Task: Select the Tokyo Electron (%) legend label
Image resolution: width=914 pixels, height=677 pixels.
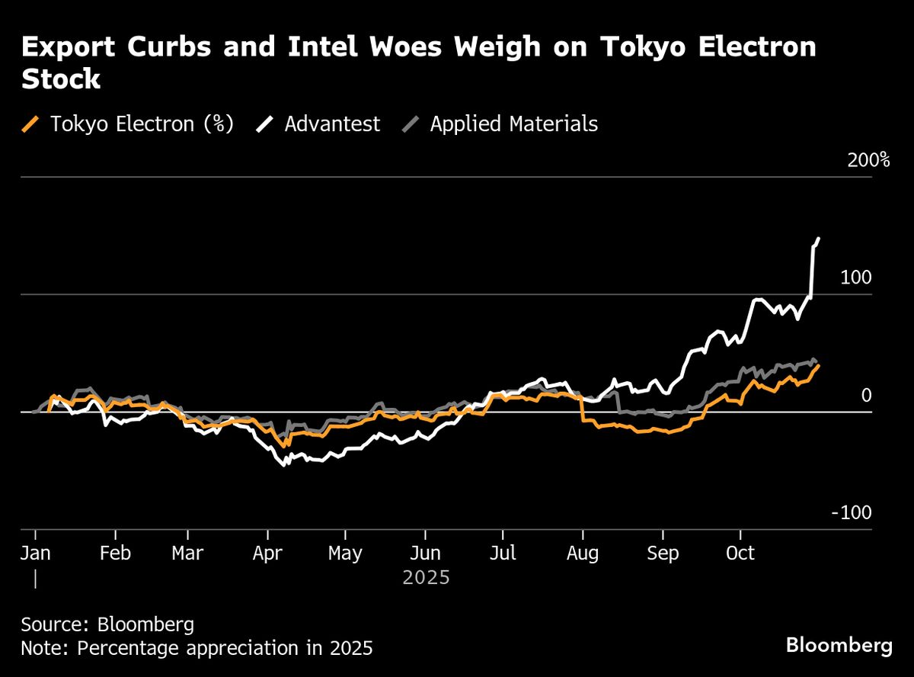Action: coord(142,124)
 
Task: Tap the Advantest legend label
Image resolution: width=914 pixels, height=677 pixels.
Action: coord(331,124)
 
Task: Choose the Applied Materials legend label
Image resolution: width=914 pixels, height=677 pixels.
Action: coord(513,124)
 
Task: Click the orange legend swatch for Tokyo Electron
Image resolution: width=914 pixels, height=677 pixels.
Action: coord(31,124)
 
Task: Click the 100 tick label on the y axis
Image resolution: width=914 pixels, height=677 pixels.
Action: coord(855,278)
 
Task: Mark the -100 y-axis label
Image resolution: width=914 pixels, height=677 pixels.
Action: coord(851,512)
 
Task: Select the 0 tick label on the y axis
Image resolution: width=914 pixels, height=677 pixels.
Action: coord(865,395)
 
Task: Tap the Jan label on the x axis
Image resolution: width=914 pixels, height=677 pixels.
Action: coord(35,553)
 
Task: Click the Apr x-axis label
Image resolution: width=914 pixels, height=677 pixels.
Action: coord(267,553)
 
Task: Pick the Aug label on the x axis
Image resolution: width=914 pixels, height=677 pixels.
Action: coord(583,553)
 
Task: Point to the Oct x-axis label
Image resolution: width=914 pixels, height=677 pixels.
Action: coord(741,553)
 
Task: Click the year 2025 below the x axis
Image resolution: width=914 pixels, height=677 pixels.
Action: coord(427,578)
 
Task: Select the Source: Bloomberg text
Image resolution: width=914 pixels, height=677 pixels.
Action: coord(107,625)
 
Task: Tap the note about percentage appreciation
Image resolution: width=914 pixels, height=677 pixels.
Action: coord(197,649)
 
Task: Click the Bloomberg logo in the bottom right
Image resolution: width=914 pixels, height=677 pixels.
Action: coord(839,646)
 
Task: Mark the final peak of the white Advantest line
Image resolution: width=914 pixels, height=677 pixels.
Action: coord(819,239)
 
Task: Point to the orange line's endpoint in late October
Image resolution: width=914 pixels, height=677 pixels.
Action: coord(819,365)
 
